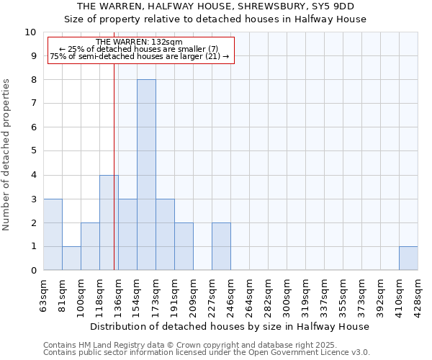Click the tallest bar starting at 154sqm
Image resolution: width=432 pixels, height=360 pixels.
146,175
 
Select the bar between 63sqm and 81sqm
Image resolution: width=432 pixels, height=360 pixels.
53,235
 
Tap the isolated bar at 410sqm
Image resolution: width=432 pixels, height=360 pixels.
408,258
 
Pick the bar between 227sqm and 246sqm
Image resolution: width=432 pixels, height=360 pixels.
221,247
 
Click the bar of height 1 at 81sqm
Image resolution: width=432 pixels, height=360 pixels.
71,258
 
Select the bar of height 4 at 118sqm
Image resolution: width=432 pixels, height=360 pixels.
109,222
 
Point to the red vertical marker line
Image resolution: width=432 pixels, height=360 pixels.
114,180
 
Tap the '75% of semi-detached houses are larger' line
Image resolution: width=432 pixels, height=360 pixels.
139,56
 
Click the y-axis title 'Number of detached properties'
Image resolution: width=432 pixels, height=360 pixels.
6,155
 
